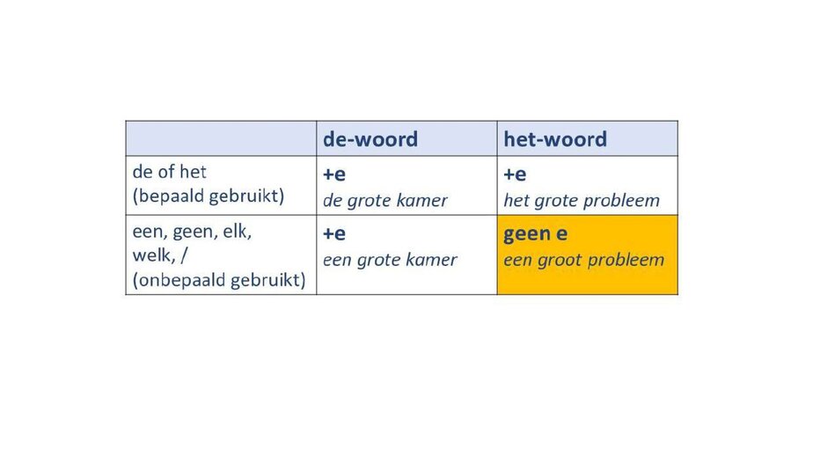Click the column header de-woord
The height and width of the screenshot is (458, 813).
click(x=370, y=139)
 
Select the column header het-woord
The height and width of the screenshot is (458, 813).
click(x=555, y=139)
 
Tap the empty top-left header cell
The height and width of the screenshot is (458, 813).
click(x=221, y=138)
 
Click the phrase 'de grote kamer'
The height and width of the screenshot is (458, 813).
click(x=385, y=201)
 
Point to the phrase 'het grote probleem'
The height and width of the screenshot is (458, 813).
click(x=582, y=201)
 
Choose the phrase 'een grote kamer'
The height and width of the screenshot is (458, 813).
click(x=390, y=260)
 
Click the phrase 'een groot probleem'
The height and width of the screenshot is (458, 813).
click(x=584, y=260)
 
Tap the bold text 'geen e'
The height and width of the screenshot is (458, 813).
click(x=536, y=234)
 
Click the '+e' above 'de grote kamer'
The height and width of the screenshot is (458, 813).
click(x=334, y=174)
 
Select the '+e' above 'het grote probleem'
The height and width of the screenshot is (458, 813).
click(x=515, y=174)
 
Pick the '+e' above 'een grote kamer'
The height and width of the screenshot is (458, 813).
click(x=334, y=233)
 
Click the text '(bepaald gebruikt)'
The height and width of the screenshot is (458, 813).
click(x=209, y=196)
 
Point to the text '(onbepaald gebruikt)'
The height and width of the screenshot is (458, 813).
click(x=219, y=280)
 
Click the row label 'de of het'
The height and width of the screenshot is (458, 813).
click(x=170, y=172)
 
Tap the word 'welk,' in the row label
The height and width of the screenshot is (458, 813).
click(x=154, y=255)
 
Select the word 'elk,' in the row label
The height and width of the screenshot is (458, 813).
click(x=237, y=232)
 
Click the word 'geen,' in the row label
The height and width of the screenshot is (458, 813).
click(x=195, y=233)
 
